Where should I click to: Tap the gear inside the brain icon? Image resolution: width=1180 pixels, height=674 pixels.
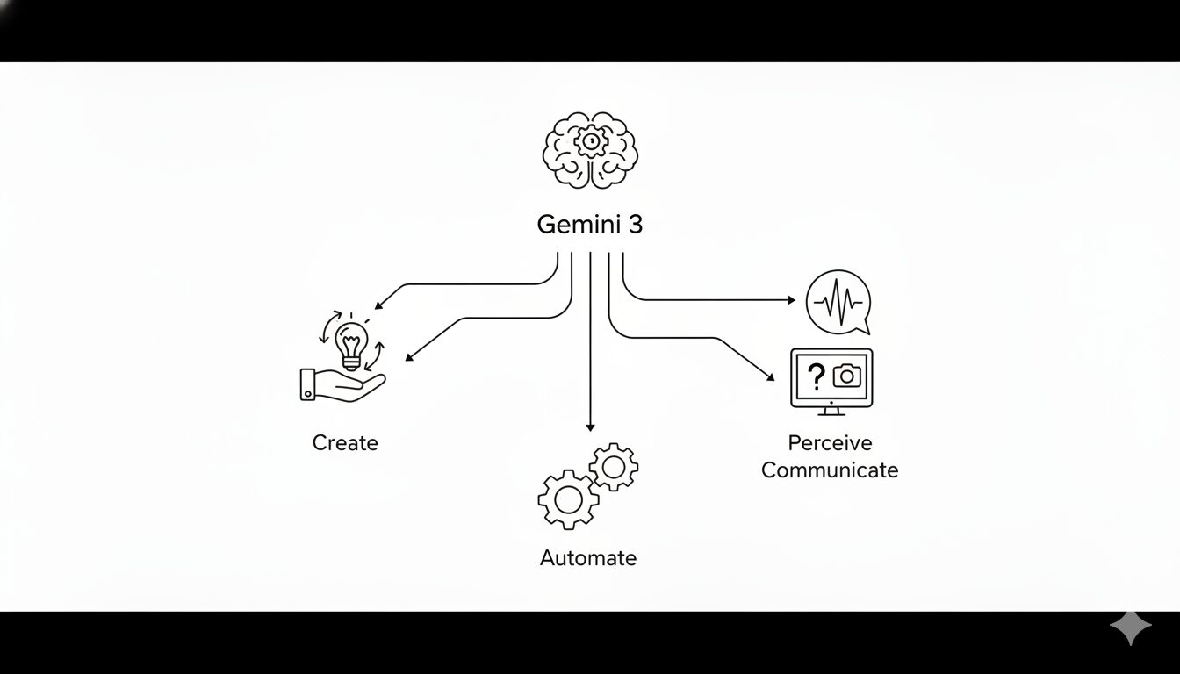pyautogui.click(x=591, y=141)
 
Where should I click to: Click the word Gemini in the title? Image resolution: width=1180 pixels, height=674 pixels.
pyautogui.click(x=576, y=225)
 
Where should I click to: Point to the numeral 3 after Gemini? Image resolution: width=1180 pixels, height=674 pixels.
pyautogui.click(x=635, y=225)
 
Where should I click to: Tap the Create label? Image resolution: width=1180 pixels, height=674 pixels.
pyautogui.click(x=345, y=443)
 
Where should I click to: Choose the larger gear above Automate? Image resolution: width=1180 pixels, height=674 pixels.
pyautogui.click(x=567, y=498)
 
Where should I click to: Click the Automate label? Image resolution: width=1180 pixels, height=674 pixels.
pyautogui.click(x=588, y=558)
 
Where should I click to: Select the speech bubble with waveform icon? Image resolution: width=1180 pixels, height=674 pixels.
pyautogui.click(x=838, y=301)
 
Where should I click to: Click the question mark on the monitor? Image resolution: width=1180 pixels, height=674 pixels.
pyautogui.click(x=817, y=376)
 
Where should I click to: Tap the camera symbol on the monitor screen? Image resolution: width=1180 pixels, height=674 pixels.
pyautogui.click(x=846, y=376)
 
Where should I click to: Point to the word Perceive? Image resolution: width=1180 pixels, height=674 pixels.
pyautogui.click(x=830, y=443)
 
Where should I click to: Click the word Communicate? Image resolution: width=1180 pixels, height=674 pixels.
pyautogui.click(x=830, y=470)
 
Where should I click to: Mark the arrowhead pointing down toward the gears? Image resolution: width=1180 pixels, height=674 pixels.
pyautogui.click(x=590, y=427)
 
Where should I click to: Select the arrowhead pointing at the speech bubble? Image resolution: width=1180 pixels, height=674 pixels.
pyautogui.click(x=791, y=300)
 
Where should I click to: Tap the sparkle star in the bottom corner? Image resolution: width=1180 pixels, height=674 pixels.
pyautogui.click(x=1130, y=628)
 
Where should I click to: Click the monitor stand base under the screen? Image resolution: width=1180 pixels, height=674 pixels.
pyautogui.click(x=831, y=412)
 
